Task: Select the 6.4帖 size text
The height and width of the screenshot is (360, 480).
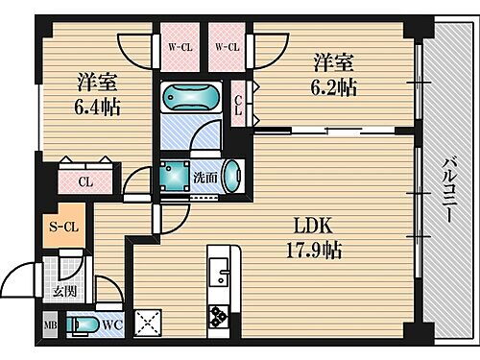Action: (97, 107)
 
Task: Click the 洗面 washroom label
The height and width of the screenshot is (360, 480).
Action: (204, 177)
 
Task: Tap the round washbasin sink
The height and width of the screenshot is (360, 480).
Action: (231, 177)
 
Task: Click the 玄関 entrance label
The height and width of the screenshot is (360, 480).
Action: (63, 292)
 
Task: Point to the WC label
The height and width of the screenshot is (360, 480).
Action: (113, 325)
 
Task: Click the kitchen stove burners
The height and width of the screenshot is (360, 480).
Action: (218, 314)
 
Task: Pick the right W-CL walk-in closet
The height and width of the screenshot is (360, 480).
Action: (228, 46)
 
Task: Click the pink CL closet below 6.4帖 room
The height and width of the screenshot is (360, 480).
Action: (85, 180)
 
